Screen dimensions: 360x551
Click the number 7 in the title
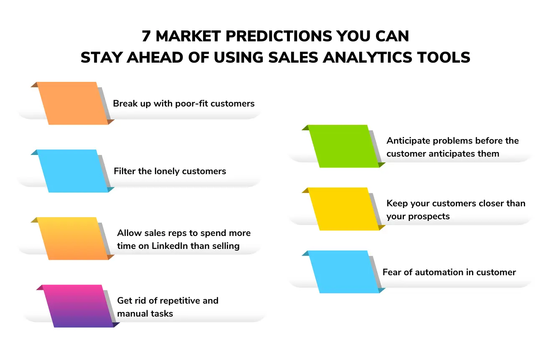(x=146, y=37)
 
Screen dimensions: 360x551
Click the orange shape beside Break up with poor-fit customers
(x=72, y=103)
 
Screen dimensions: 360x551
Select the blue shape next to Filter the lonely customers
(x=72, y=171)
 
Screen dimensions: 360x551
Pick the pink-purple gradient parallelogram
(x=78, y=306)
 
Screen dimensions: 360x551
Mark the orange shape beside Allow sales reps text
(x=72, y=238)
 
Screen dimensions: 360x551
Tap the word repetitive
(x=175, y=300)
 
